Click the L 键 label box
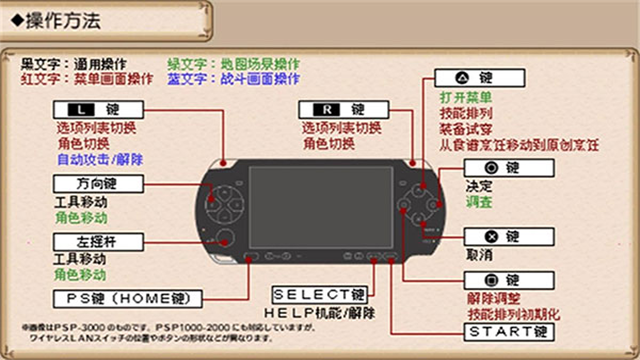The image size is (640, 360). [x=99, y=109]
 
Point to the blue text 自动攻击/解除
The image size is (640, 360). [x=99, y=159]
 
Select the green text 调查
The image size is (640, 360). [x=479, y=202]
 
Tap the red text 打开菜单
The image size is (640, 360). [x=465, y=97]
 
